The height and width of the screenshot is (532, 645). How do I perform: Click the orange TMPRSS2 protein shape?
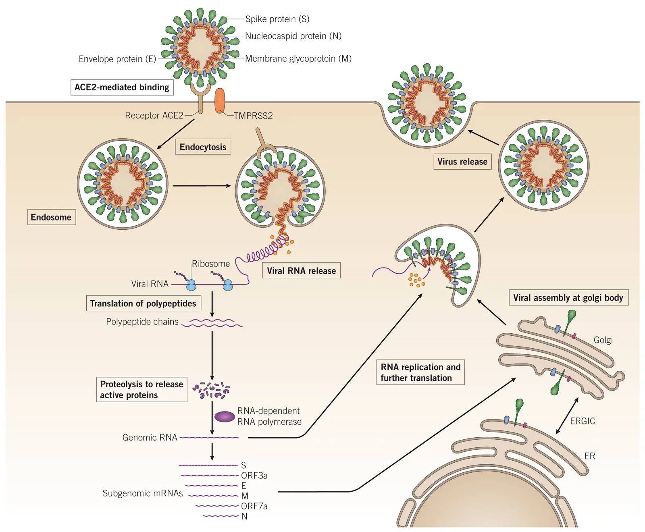click(220, 101)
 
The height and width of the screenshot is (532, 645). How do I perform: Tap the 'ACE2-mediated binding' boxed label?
click(122, 87)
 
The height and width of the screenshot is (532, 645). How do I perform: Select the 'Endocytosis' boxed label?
click(203, 147)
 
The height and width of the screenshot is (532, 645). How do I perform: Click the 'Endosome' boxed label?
click(51, 217)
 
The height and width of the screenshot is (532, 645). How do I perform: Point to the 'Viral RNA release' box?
click(301, 271)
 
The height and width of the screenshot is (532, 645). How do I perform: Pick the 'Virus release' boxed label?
click(462, 162)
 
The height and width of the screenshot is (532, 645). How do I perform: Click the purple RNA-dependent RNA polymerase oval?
click(225, 416)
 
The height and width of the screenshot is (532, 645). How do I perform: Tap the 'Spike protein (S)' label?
click(277, 19)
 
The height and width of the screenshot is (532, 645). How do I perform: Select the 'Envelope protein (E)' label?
click(117, 59)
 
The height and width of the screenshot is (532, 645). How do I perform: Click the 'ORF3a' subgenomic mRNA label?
click(254, 476)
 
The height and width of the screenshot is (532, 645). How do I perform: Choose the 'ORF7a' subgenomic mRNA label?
click(254, 506)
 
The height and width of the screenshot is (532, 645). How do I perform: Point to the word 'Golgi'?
click(603, 340)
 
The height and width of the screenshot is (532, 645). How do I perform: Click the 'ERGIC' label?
click(583, 421)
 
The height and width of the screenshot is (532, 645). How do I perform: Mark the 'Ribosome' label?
click(211, 264)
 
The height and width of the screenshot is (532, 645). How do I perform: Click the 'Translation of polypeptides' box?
click(143, 303)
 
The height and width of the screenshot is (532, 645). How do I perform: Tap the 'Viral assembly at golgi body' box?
click(568, 298)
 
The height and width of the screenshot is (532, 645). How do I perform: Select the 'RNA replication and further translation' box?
click(420, 372)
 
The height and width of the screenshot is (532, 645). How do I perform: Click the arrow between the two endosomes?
click(202, 186)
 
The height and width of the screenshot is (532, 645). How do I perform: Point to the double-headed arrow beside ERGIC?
click(567, 416)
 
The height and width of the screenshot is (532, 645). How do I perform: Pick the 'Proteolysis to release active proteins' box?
click(141, 390)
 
